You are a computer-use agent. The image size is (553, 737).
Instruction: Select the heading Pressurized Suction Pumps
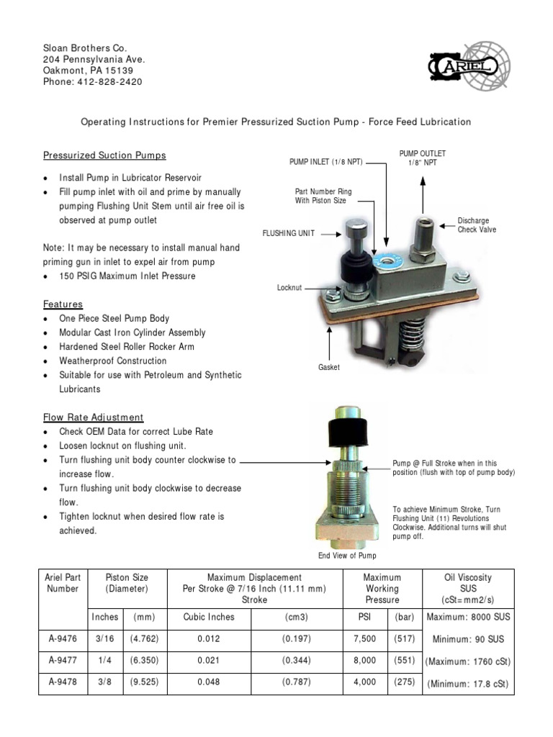[x=104, y=155]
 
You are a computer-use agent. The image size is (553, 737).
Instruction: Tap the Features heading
[x=63, y=304]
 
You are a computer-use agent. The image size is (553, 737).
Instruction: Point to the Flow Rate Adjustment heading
[x=93, y=417]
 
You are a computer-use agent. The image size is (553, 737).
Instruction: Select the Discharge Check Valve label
[x=477, y=225]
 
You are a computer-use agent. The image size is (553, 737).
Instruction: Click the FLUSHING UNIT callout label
[x=289, y=234]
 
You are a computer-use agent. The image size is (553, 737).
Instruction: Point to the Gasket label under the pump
[x=328, y=367]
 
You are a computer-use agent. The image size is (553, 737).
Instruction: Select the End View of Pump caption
[x=347, y=556]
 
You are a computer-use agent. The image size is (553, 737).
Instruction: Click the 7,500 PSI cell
[x=365, y=638]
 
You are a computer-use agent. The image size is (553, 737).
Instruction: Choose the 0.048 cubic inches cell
[x=208, y=682]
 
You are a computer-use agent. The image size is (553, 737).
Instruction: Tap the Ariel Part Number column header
[x=63, y=583]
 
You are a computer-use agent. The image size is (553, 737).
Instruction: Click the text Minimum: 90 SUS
[x=469, y=639]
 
